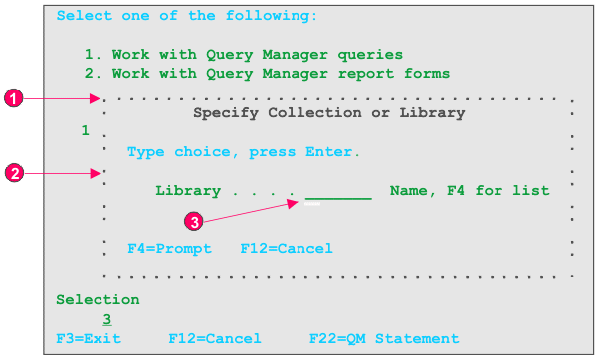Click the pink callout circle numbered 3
click(x=197, y=222)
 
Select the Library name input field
click(x=338, y=192)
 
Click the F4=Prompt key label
click(x=169, y=248)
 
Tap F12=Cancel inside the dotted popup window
click(x=287, y=248)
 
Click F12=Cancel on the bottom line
click(x=215, y=339)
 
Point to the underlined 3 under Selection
click(x=106, y=319)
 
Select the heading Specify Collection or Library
click(x=328, y=113)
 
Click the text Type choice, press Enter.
click(x=244, y=152)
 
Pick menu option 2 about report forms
click(x=267, y=73)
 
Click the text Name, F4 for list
click(x=470, y=191)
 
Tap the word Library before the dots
click(x=188, y=191)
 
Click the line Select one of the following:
click(x=187, y=16)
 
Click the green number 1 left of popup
click(x=86, y=131)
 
